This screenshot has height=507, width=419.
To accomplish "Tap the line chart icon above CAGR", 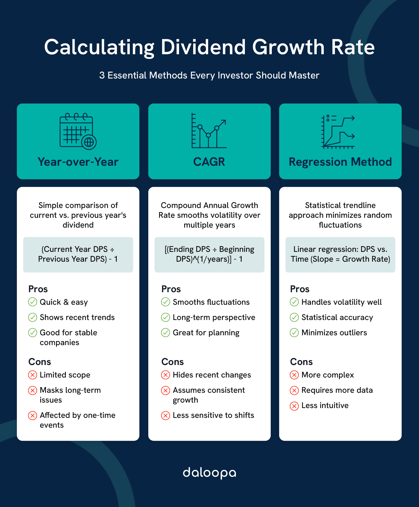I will [209, 131].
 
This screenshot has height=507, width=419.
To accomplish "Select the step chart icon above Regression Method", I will [338, 132].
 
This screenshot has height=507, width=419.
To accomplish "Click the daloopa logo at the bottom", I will [209, 473].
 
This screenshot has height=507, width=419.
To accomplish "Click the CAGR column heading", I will [209, 162].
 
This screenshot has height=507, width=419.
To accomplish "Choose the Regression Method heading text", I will [340, 162].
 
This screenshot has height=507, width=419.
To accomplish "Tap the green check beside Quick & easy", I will [33, 302].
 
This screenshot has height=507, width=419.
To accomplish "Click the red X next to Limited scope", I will [33, 375].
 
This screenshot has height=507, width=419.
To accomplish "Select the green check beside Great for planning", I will [165, 333].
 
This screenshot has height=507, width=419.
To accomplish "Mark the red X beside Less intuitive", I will [294, 406].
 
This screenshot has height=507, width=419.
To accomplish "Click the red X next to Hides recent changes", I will [165, 375].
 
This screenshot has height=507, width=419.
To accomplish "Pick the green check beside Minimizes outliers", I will [294, 333].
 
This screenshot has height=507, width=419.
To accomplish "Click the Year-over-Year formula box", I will [78, 255].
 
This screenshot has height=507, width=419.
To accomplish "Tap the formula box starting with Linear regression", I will [340, 255].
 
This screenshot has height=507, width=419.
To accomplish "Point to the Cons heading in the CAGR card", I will [172, 362].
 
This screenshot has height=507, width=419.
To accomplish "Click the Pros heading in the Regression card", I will [300, 289].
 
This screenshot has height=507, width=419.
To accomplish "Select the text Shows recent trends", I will [77, 317].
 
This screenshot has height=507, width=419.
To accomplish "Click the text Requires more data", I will [337, 390].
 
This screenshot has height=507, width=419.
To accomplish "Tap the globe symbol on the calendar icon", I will [89, 142].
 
